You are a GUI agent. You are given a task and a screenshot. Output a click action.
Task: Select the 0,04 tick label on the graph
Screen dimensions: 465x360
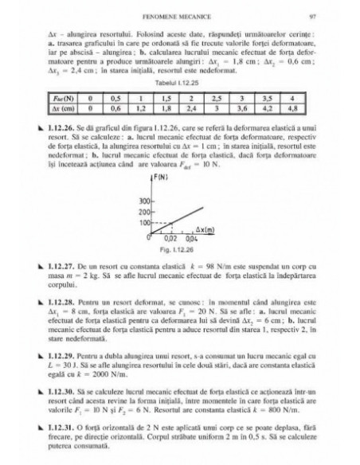(191, 239)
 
